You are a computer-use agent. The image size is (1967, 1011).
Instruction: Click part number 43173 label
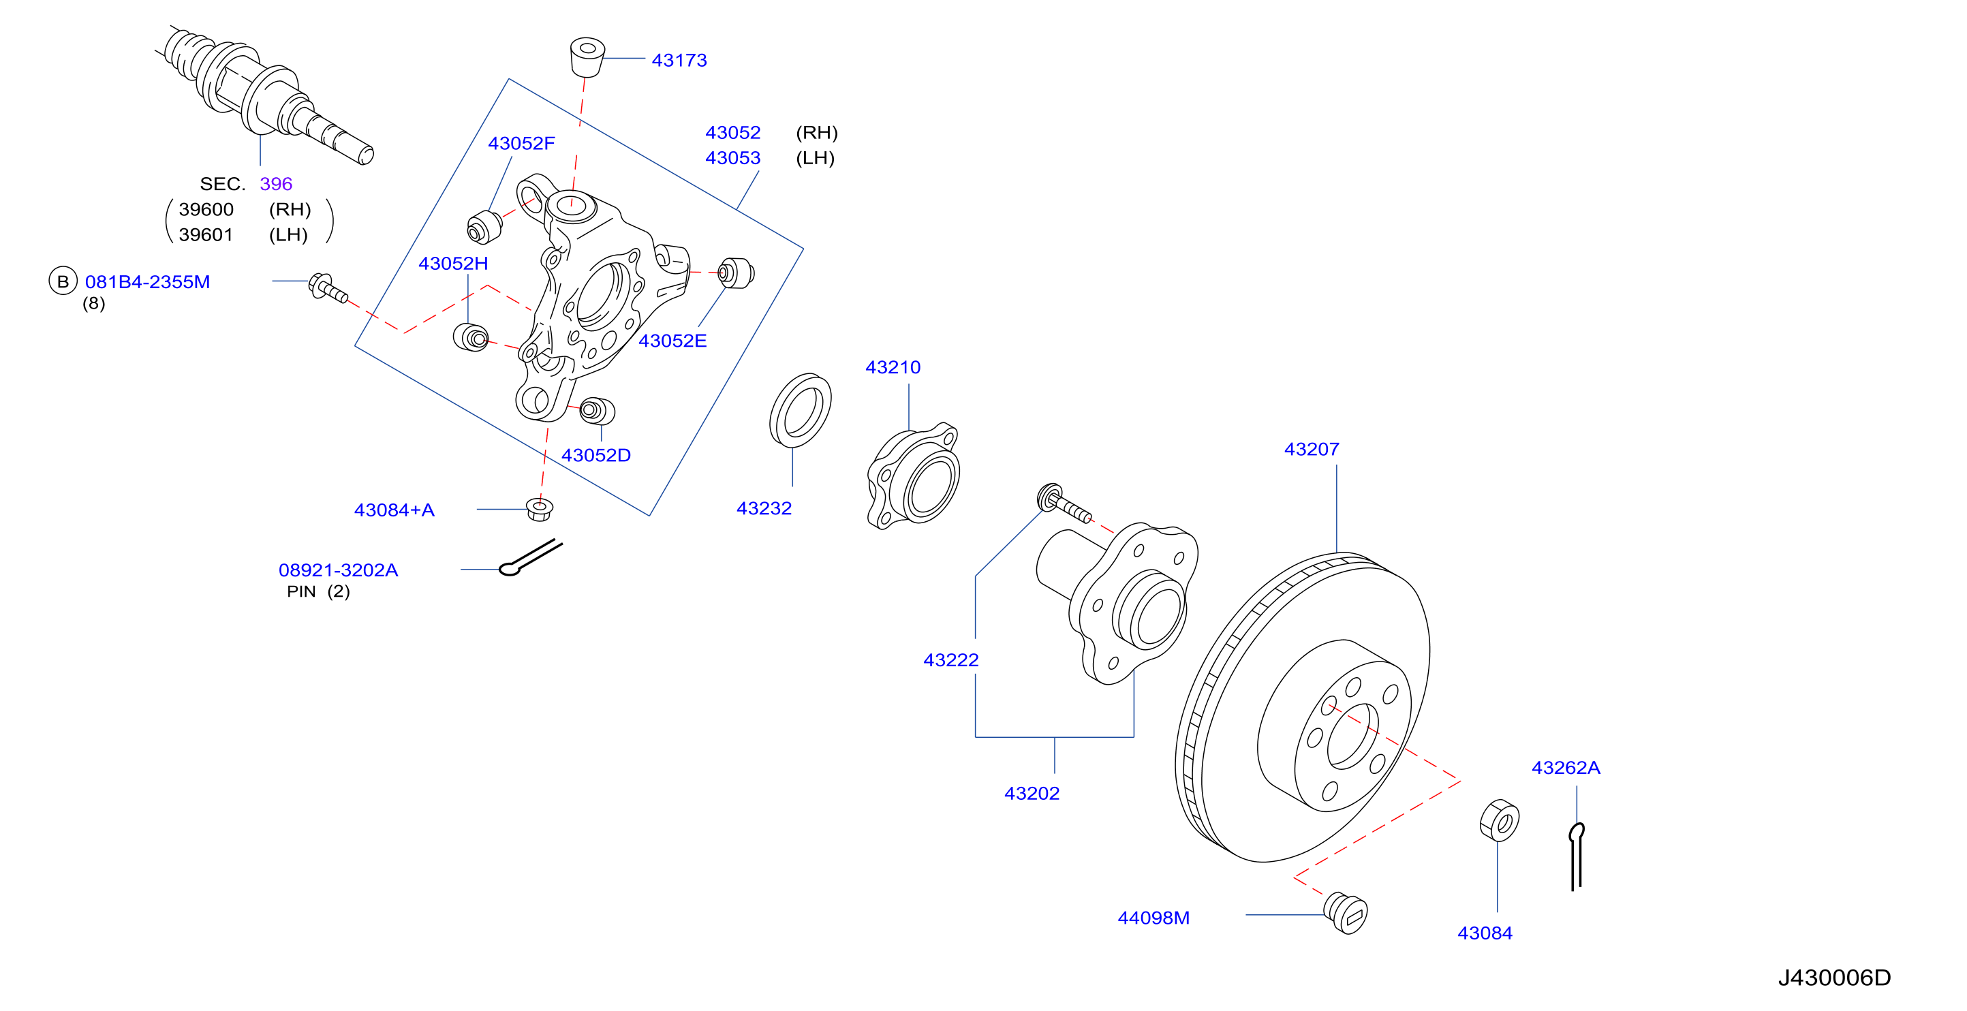coord(679,61)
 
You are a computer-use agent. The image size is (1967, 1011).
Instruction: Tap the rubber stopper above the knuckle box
coord(587,57)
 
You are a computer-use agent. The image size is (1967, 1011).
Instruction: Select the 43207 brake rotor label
coord(1311,449)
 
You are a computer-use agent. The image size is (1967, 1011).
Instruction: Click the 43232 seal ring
coord(801,411)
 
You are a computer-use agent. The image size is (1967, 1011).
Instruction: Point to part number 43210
coord(893,367)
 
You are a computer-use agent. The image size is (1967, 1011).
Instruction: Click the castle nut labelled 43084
coord(1499,821)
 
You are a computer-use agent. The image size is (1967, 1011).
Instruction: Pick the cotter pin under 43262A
coord(1576,856)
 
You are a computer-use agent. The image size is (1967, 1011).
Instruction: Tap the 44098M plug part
coord(1346,912)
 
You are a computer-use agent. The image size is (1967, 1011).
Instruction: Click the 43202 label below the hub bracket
coord(1032,794)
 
